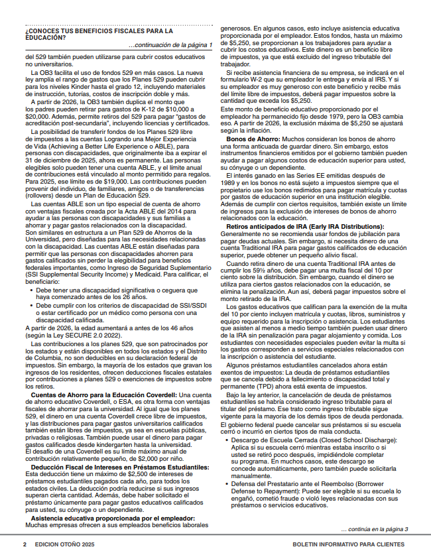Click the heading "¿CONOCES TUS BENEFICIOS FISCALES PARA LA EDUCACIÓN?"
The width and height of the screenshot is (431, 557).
pos(99,33)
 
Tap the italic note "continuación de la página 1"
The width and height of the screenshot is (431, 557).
pos(174,45)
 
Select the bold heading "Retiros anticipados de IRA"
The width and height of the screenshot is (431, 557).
pos(287,227)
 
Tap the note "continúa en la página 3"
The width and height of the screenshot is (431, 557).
pos(374,529)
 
